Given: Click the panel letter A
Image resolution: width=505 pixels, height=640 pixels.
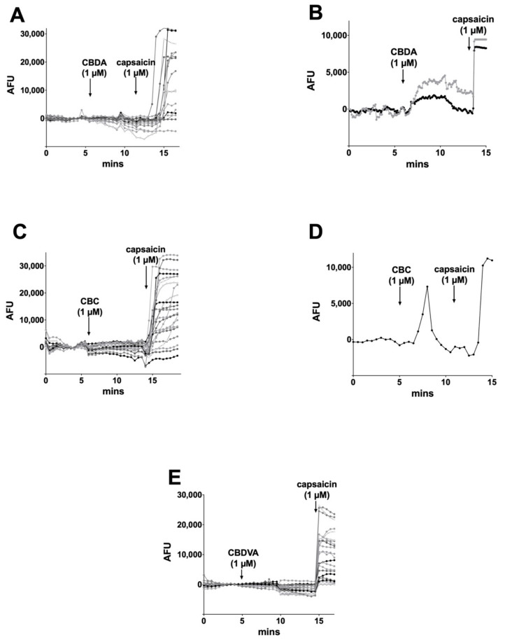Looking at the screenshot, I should coord(16,15).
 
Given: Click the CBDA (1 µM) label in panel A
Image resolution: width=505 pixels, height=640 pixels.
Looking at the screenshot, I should coord(90,68).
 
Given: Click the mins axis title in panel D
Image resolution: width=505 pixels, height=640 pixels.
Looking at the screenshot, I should coord(422,394).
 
